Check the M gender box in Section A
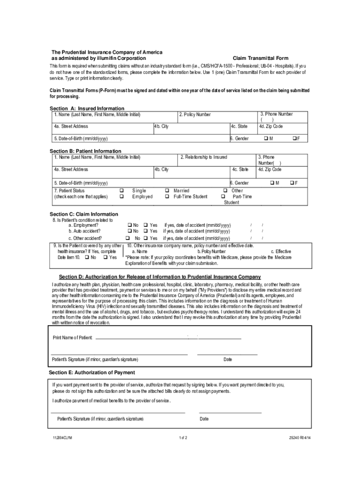[266, 138]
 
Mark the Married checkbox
[166, 190]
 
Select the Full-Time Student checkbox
[166, 196]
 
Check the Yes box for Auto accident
[145, 231]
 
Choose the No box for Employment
[129, 225]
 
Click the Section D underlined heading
[159, 277]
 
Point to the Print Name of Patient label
[72, 338]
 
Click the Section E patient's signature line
[118, 413]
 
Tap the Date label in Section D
[227, 359]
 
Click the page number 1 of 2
[182, 438]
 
